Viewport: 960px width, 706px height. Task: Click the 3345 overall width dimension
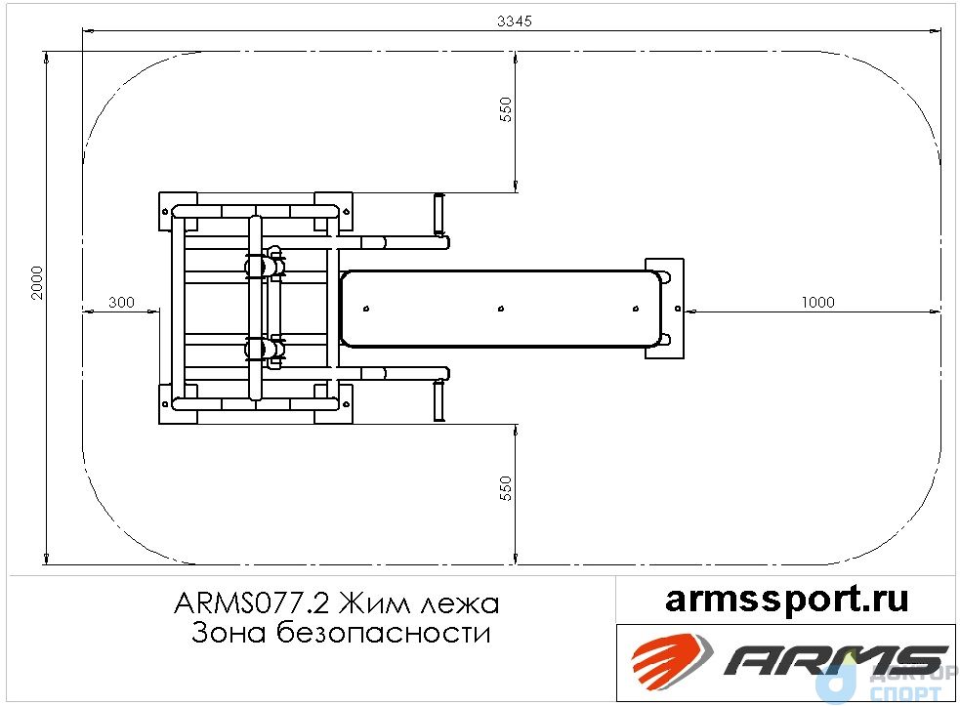coord(515,21)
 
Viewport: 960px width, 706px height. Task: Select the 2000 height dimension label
coord(38,283)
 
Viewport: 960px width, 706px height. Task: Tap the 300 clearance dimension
coord(121,303)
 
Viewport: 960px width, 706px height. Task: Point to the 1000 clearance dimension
coord(818,303)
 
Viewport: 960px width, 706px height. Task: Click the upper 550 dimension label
coord(506,109)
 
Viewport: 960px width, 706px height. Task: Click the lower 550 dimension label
coord(506,488)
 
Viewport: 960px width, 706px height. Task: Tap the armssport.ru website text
coord(787,599)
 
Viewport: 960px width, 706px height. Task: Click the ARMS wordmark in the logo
coord(836,660)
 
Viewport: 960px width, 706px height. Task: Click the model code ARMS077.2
coord(252,603)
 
